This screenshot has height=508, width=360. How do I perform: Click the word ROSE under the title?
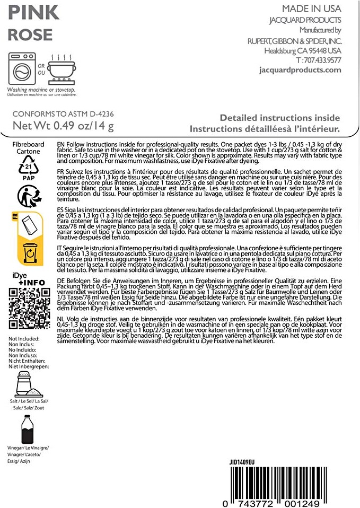click(x=30, y=35)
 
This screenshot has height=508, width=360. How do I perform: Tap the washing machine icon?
click(x=22, y=69)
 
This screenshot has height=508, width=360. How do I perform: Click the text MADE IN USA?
click(x=311, y=9)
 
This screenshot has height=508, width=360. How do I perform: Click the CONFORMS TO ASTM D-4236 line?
click(x=63, y=114)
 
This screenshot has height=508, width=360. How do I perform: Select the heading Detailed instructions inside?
click(x=279, y=118)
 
